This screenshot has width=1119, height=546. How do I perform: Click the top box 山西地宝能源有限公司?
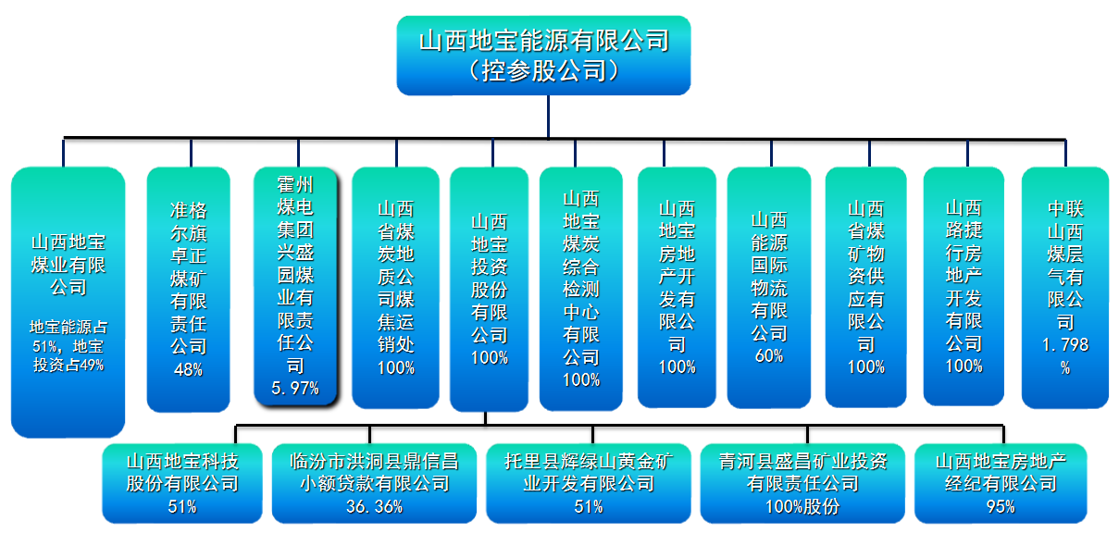(x=543, y=56)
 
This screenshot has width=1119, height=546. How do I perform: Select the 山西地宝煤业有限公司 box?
(x=68, y=301)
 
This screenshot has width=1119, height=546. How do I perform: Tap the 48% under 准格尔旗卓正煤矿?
(x=188, y=369)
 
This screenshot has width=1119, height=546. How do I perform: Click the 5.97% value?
(x=295, y=389)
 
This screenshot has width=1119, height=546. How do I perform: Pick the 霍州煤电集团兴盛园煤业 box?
(x=296, y=287)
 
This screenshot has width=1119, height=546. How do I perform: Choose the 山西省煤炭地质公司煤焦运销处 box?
(x=395, y=287)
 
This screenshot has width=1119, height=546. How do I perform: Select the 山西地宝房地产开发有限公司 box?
(x=677, y=287)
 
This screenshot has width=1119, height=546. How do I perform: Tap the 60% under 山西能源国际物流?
(x=769, y=355)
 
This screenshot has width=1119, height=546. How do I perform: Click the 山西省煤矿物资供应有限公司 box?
(x=865, y=287)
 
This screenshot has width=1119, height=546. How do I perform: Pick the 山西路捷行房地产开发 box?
(x=964, y=287)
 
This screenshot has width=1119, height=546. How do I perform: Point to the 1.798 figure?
(x=1065, y=345)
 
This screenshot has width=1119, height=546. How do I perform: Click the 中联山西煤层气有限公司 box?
(x=1065, y=287)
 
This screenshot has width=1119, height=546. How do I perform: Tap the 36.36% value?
(x=374, y=506)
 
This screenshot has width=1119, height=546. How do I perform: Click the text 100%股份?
(x=802, y=506)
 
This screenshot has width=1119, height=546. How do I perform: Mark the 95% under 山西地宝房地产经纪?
(x=1001, y=506)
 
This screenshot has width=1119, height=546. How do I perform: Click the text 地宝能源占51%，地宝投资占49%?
(x=67, y=345)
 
